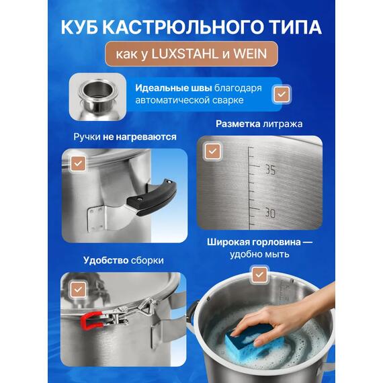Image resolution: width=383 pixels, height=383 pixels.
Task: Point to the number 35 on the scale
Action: pos(270,170)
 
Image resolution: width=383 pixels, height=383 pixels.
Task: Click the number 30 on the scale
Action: pos(270,213)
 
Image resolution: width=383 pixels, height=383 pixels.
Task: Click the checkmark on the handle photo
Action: pos(78,163)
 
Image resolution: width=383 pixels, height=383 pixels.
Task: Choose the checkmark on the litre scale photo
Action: pos(212,151)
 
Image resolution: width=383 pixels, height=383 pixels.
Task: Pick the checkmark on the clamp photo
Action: pos(78,288)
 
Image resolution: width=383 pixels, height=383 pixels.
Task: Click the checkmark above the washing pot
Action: pos(258,274)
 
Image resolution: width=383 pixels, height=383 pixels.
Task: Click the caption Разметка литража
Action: pos(259,124)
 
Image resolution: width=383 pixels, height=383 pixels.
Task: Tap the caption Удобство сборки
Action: pos(123,260)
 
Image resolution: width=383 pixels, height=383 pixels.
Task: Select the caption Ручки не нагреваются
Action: pos(125,136)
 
